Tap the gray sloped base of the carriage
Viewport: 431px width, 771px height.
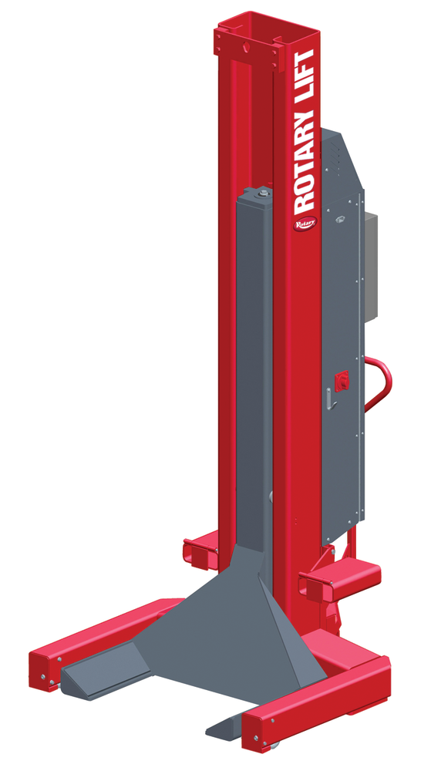coord(208,617)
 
